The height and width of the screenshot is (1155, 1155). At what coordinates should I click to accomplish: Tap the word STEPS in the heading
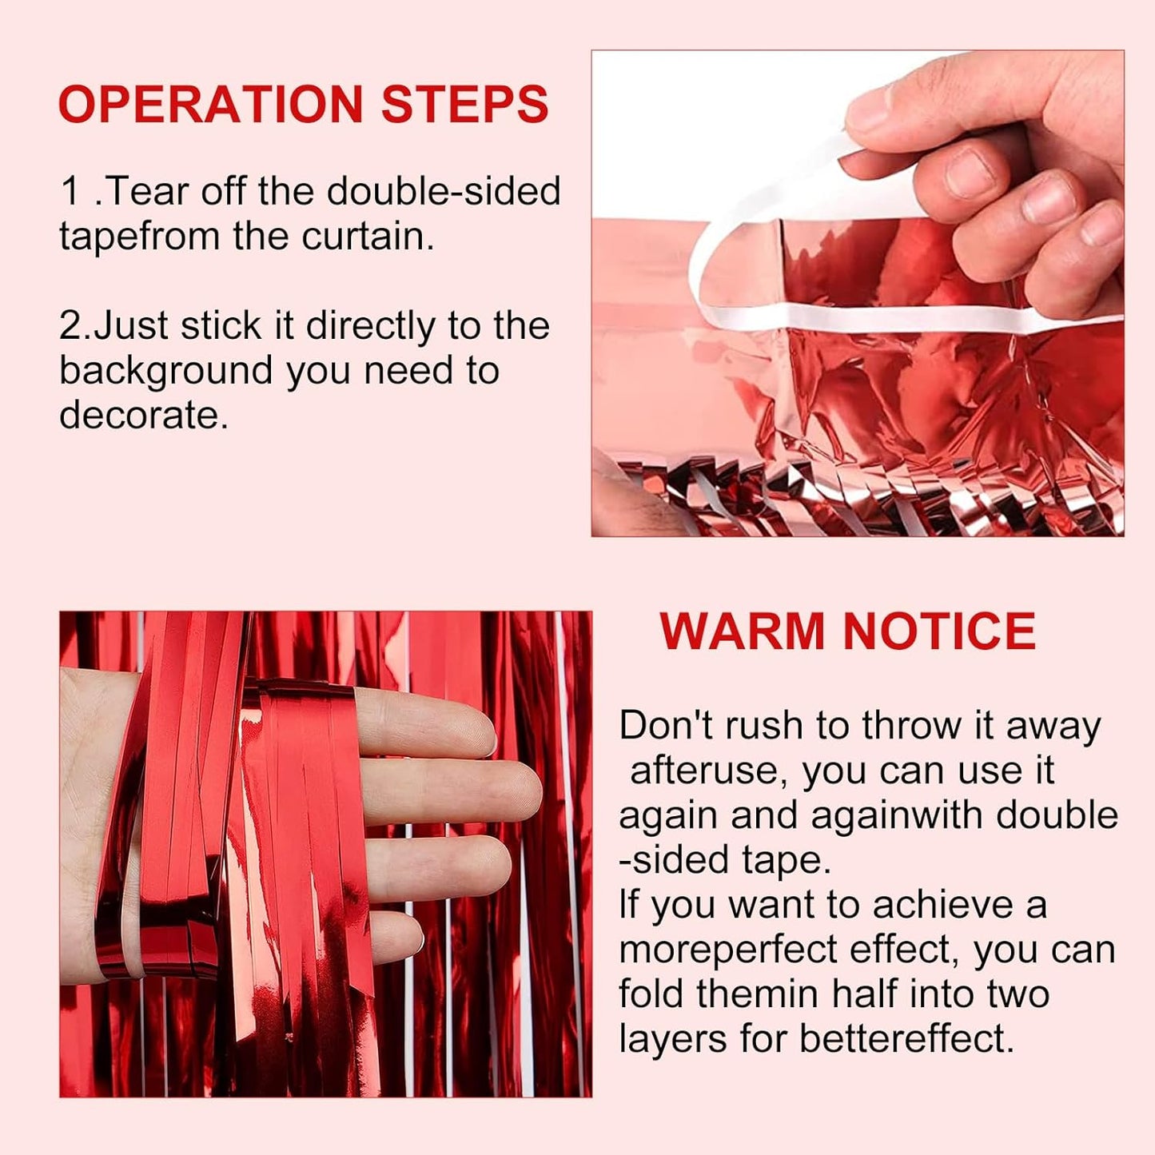click(464, 104)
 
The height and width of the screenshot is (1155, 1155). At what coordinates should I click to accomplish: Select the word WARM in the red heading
click(744, 631)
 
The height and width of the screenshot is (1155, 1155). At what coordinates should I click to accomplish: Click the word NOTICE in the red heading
click(939, 631)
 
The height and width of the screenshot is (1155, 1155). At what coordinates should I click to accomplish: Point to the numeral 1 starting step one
click(70, 191)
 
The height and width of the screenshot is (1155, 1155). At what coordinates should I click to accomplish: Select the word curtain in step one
click(368, 236)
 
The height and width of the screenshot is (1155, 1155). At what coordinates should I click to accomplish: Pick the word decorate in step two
click(143, 415)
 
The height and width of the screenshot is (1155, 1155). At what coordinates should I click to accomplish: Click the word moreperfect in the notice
click(725, 950)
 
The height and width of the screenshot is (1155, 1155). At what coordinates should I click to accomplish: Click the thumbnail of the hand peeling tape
click(858, 293)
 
